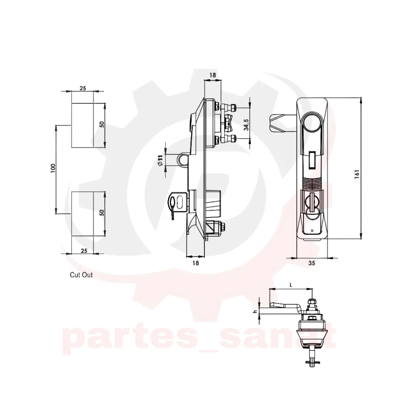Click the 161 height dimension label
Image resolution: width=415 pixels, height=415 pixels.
click(357, 174)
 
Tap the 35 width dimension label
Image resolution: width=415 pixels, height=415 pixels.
click(312, 263)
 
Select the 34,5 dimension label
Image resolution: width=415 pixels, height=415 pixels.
click(246, 124)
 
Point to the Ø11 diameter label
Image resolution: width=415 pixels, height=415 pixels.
click(160, 160)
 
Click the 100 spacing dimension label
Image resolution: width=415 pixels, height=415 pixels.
click(53, 168)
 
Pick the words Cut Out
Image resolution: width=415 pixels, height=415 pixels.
click(81, 275)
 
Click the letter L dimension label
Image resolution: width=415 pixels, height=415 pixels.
click(291, 285)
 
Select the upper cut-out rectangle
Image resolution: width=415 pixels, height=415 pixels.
click(82, 125)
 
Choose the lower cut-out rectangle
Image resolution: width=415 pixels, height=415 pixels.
click(82, 214)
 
